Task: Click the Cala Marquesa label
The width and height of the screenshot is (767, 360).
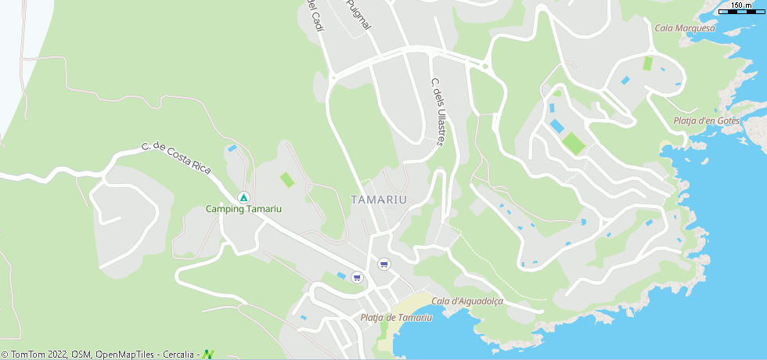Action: (685, 28)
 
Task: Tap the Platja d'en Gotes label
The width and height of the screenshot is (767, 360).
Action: (706, 121)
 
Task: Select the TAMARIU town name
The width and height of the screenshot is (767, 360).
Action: (380, 200)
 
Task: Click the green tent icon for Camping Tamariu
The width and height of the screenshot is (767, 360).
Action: (243, 196)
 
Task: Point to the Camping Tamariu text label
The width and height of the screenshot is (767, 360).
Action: (243, 209)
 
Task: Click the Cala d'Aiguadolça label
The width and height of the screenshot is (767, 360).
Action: (466, 301)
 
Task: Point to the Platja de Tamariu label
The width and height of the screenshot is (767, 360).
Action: (396, 317)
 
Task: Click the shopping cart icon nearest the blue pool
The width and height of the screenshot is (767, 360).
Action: (357, 276)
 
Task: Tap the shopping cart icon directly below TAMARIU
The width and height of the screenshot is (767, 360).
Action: (383, 264)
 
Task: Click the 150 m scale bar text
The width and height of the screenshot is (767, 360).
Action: (741, 5)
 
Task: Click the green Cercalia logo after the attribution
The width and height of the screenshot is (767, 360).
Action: (208, 355)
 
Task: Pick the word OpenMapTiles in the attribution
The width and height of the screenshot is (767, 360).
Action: (126, 355)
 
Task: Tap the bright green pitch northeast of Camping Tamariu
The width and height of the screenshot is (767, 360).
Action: (287, 180)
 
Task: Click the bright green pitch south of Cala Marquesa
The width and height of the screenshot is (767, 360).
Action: (647, 63)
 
